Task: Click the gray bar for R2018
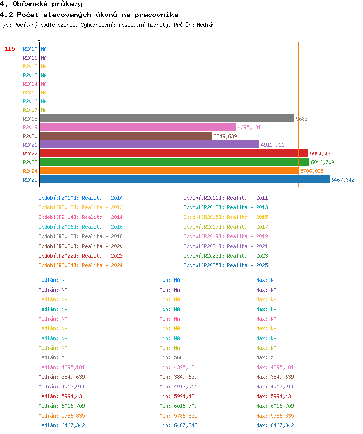click(167, 119)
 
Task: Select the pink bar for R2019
click(138, 127)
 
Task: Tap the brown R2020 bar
click(126, 136)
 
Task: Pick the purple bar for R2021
click(150, 144)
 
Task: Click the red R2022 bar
click(174, 154)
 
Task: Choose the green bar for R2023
click(174, 162)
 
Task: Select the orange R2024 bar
click(169, 171)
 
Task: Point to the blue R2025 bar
click(184, 179)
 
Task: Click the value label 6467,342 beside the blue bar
click(343, 180)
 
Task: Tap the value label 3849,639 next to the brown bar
click(225, 136)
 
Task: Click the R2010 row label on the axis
click(30, 49)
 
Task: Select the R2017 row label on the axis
click(30, 110)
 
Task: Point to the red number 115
click(10, 49)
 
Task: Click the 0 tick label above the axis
click(39, 39)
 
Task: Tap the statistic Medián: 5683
click(56, 357)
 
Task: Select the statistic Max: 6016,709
click(275, 406)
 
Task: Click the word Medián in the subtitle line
click(206, 25)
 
